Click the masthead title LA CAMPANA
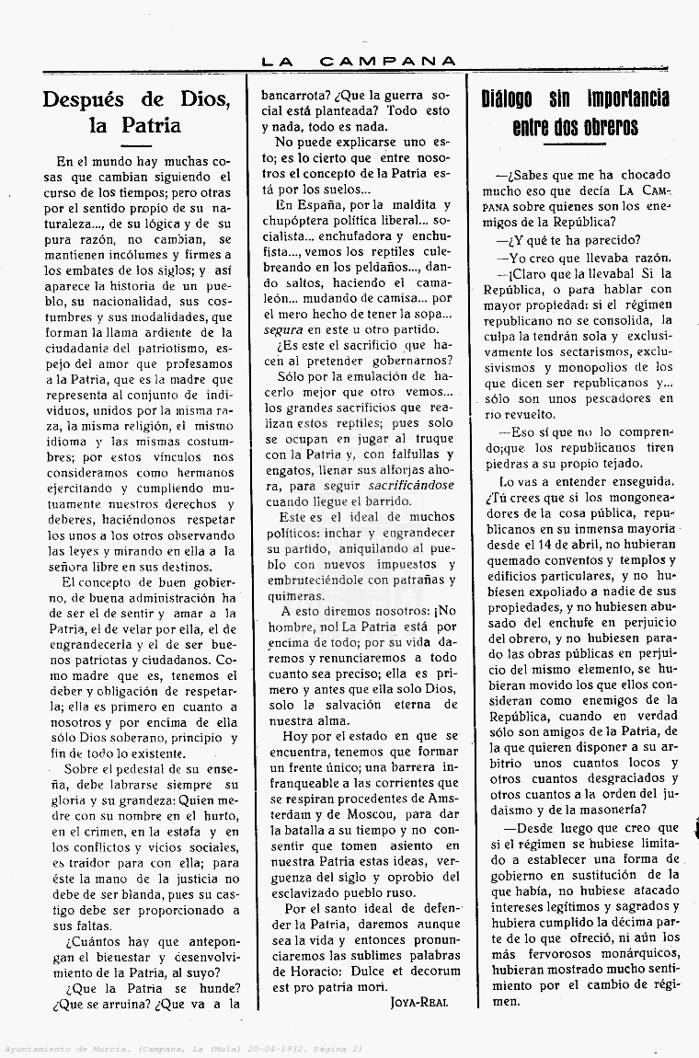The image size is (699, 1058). (x=359, y=62)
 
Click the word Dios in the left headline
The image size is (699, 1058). (x=192, y=99)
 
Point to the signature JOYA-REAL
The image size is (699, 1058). (x=419, y=1002)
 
